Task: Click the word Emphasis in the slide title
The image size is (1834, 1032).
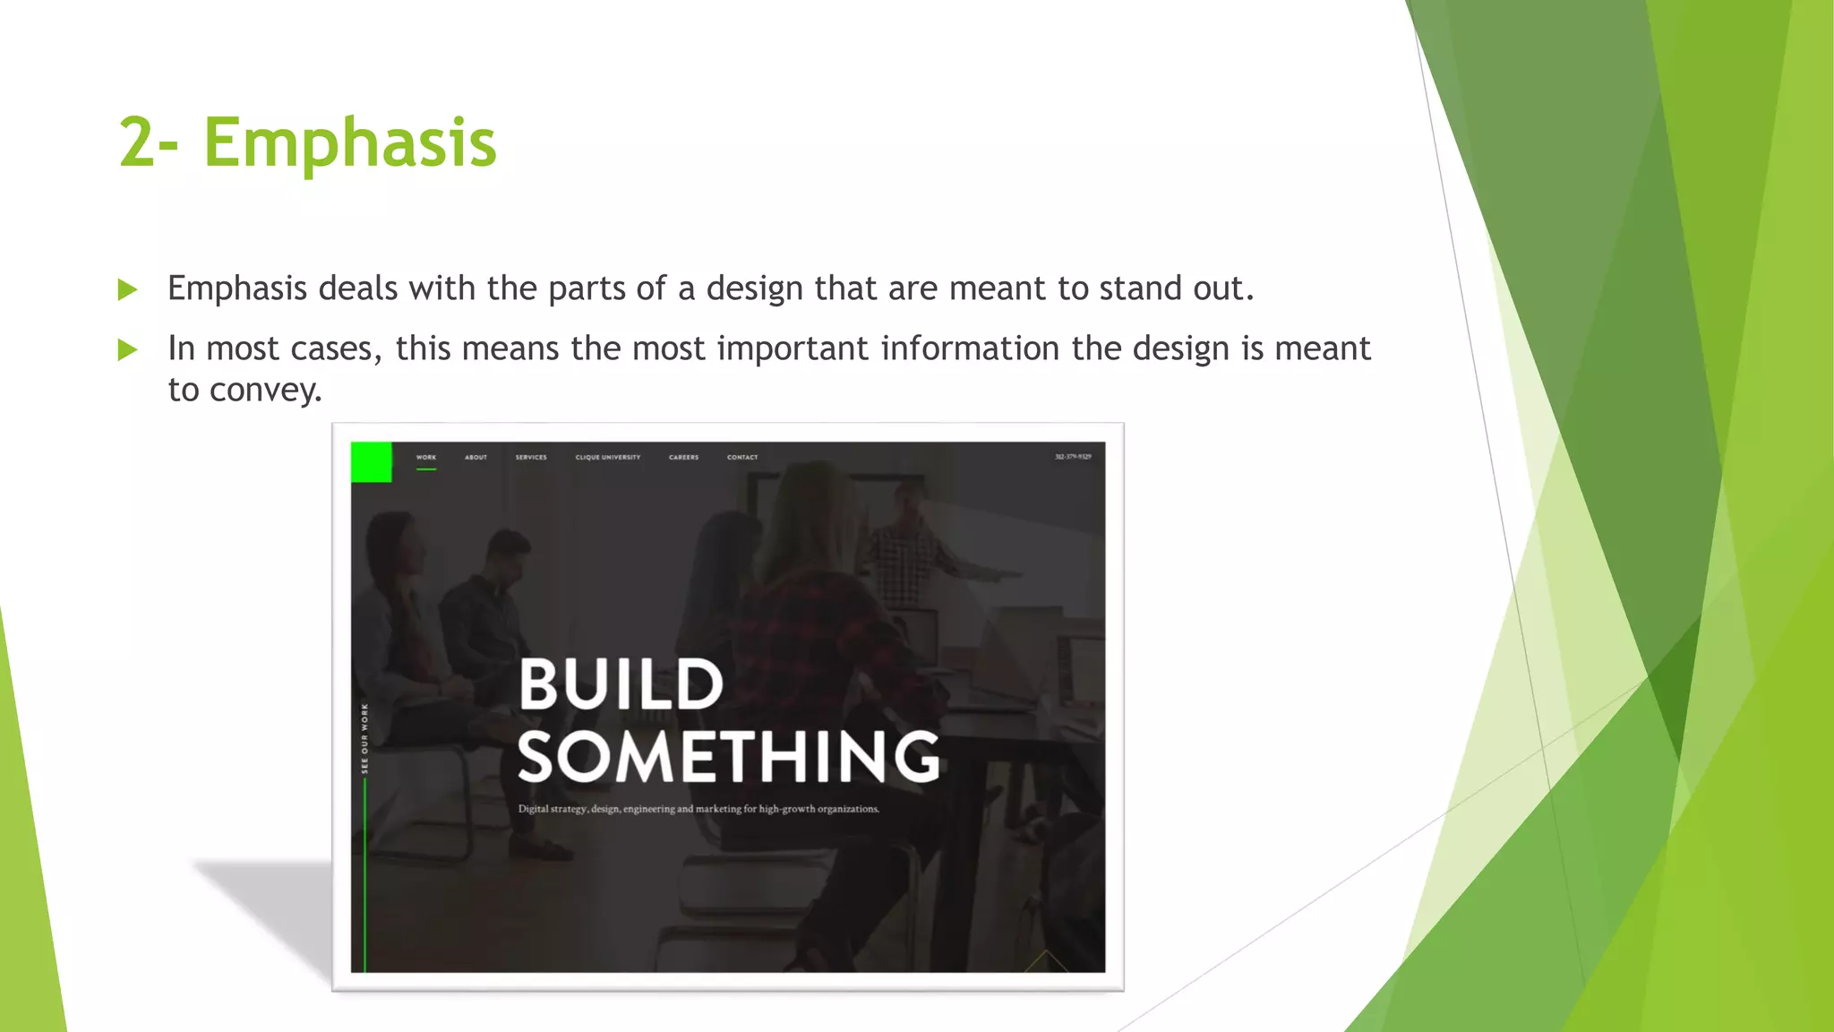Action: tap(349, 143)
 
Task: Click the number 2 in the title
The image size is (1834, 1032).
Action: tap(138, 143)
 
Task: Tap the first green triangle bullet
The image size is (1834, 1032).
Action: tap(128, 289)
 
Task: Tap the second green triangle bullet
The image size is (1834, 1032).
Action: tap(128, 349)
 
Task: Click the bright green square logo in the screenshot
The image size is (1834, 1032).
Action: tap(371, 462)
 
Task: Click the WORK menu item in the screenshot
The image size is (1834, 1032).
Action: tap(426, 457)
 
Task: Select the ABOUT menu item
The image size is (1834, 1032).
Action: tap(476, 457)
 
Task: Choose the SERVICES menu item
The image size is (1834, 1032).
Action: tap(531, 457)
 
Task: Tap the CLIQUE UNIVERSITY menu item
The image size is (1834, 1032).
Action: tap(608, 457)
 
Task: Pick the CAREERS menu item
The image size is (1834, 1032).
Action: tap(683, 457)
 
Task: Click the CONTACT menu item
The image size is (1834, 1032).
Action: tap(742, 457)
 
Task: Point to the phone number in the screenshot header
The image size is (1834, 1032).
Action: tap(1073, 457)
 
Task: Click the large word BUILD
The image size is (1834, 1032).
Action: tap(621, 685)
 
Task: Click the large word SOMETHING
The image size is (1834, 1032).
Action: tap(728, 758)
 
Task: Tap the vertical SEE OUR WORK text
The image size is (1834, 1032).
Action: tap(364, 738)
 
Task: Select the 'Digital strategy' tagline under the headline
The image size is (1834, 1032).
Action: tap(698, 809)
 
